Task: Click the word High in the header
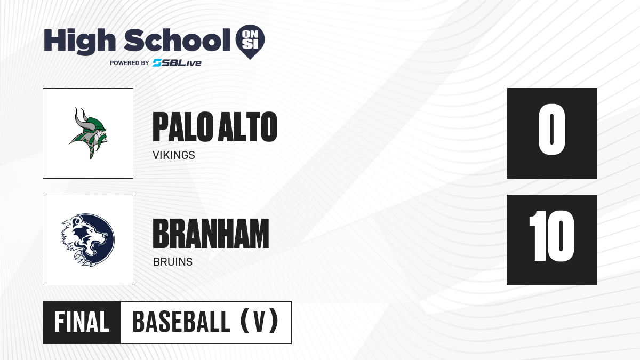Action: (80, 41)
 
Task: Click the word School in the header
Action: (177, 39)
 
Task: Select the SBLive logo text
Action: (177, 63)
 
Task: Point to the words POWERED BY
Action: (130, 63)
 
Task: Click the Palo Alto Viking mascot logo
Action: (88, 133)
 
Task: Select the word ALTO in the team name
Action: (248, 127)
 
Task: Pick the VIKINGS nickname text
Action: (174, 155)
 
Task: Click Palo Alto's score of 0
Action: (551, 129)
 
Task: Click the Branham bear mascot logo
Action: (88, 240)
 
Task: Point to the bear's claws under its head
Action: (85, 258)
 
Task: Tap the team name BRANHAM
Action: (211, 234)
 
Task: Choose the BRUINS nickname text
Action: (173, 262)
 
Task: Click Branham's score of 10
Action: (551, 236)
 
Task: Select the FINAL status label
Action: (82, 322)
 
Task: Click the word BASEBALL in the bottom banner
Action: (181, 322)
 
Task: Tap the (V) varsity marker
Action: (259, 321)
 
